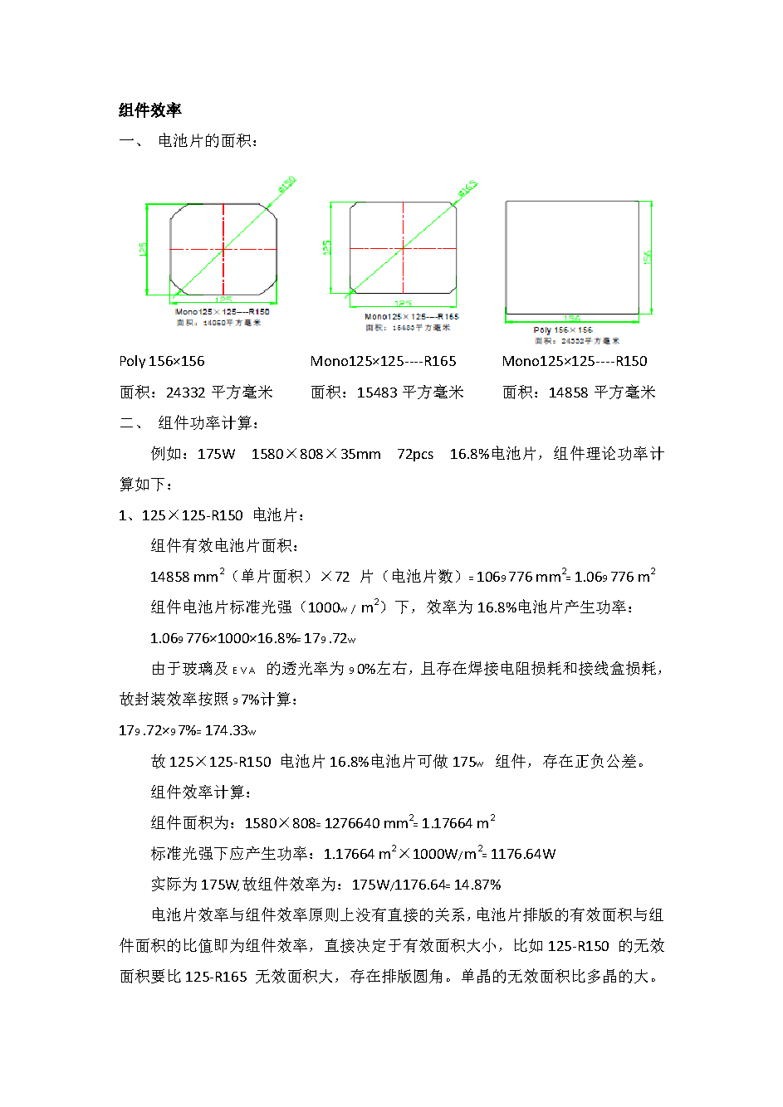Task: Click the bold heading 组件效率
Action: (x=149, y=110)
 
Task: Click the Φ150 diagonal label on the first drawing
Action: (x=287, y=184)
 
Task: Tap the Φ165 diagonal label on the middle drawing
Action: (x=467, y=188)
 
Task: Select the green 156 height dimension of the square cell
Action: (x=648, y=257)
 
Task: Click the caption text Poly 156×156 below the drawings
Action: (x=161, y=361)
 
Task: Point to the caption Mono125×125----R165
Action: (x=383, y=361)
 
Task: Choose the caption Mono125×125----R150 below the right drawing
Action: (x=575, y=361)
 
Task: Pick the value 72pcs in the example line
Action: (x=415, y=454)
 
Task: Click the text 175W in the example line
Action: (x=216, y=454)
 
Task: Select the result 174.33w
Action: (x=230, y=730)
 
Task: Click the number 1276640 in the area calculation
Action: (x=351, y=823)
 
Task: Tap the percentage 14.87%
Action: (x=477, y=885)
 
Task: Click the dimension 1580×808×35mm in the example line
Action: (x=316, y=454)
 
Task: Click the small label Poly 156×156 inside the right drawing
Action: (x=563, y=330)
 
